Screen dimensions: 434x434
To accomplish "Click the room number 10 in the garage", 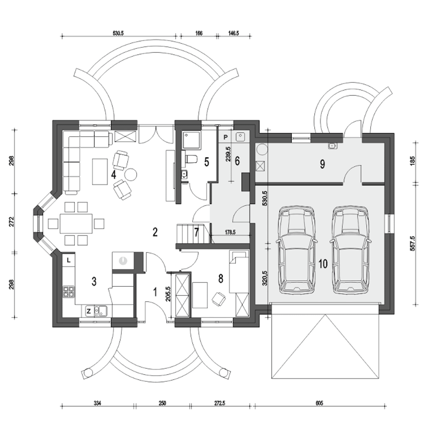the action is (323, 264).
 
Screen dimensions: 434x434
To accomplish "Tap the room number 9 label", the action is (322, 164).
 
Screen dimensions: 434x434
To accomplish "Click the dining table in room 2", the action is (76, 224).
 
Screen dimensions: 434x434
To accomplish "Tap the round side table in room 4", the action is (131, 174).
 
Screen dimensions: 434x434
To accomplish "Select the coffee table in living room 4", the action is (100, 172).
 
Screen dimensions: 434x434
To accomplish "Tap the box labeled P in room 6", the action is (226, 137).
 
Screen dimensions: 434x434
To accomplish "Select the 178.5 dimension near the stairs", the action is (230, 232).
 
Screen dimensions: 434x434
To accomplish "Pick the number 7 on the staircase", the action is (196, 233).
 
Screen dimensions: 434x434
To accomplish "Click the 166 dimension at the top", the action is (199, 33).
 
